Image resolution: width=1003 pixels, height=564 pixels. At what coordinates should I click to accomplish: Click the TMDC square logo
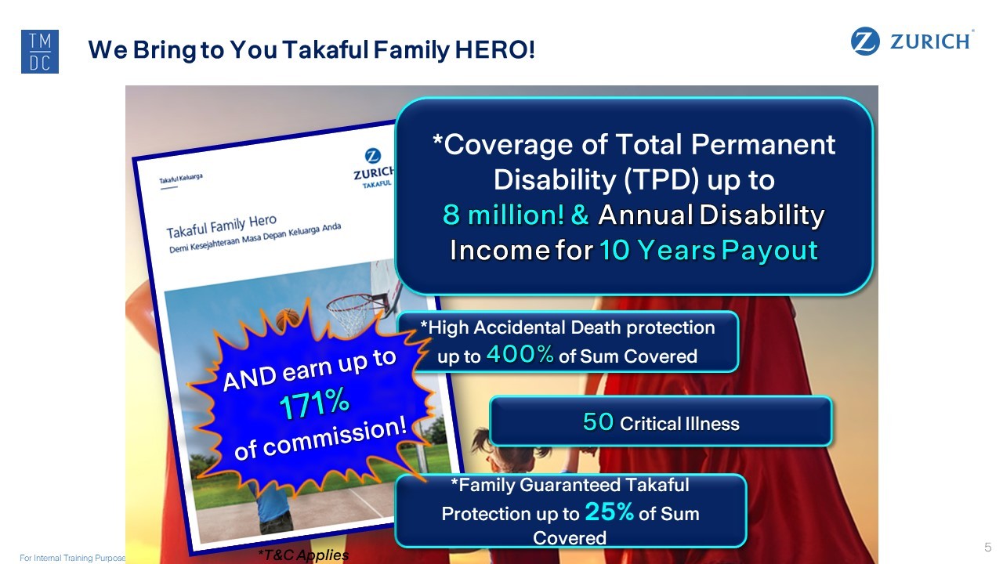point(40,52)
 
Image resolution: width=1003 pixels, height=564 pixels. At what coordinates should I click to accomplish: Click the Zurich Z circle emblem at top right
point(864,42)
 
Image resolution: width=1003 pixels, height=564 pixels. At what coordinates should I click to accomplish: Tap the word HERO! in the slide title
point(494,49)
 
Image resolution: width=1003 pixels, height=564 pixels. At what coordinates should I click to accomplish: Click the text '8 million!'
point(503,215)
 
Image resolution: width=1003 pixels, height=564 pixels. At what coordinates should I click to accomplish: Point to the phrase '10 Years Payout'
point(709,250)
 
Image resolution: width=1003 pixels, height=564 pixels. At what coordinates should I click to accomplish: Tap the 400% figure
point(520,354)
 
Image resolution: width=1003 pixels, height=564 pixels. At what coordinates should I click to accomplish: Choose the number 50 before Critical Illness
point(598,421)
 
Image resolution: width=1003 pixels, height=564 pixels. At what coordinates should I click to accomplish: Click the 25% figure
point(610,512)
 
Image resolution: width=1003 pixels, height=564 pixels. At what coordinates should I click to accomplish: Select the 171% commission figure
point(314,403)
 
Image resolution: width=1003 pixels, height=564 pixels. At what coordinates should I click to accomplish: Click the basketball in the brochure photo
point(287,318)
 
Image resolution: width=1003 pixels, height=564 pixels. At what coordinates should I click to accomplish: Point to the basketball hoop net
point(352,313)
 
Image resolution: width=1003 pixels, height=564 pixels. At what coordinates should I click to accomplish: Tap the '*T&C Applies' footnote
point(303,555)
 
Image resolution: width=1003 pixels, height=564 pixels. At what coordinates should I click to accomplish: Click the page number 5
point(988,547)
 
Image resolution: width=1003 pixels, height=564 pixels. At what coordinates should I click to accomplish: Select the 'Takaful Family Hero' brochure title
point(222,226)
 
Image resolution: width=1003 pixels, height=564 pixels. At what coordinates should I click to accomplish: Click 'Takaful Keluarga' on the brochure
point(181,178)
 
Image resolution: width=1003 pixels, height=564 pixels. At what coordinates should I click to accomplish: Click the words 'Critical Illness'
point(679,424)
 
